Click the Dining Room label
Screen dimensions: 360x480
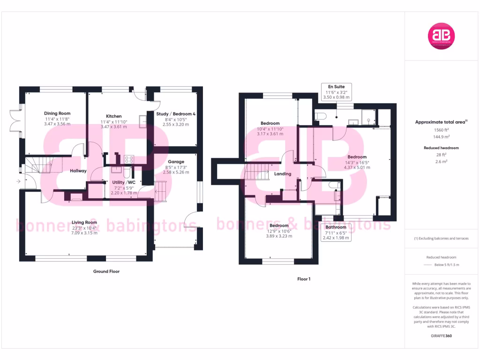pos(57,113)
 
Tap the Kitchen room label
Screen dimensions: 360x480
pos(113,116)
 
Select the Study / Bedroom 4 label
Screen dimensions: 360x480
pos(175,113)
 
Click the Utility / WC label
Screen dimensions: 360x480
pos(123,182)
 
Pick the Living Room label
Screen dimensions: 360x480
pos(84,222)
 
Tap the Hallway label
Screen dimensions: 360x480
pos(78,171)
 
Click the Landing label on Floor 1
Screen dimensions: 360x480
pos(283,174)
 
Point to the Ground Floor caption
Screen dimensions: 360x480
pos(107,271)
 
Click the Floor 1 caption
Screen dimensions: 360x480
pos(304,279)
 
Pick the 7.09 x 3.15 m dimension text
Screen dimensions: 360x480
pos(84,233)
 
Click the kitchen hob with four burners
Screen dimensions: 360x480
pos(129,159)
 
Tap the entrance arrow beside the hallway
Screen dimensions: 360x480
pos(18,181)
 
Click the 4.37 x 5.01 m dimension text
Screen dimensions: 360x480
pos(357,167)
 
